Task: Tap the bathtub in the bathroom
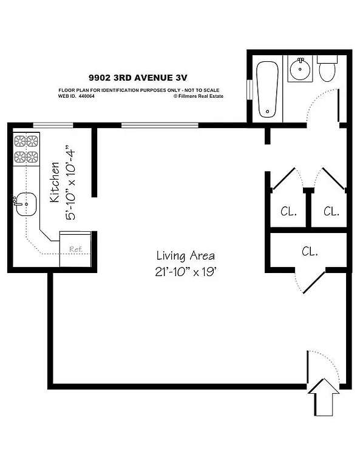(x=268, y=89)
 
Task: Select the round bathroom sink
(x=300, y=69)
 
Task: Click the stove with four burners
(x=25, y=150)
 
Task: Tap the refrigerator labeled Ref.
(x=75, y=248)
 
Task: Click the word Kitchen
(x=55, y=182)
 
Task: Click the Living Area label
(x=185, y=255)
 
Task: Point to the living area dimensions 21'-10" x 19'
(x=185, y=272)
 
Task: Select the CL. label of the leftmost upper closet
(x=288, y=212)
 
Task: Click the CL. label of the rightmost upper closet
(x=331, y=212)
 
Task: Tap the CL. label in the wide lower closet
(x=310, y=251)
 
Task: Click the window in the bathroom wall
(x=249, y=89)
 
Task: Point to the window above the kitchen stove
(x=53, y=126)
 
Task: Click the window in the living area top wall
(x=160, y=126)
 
